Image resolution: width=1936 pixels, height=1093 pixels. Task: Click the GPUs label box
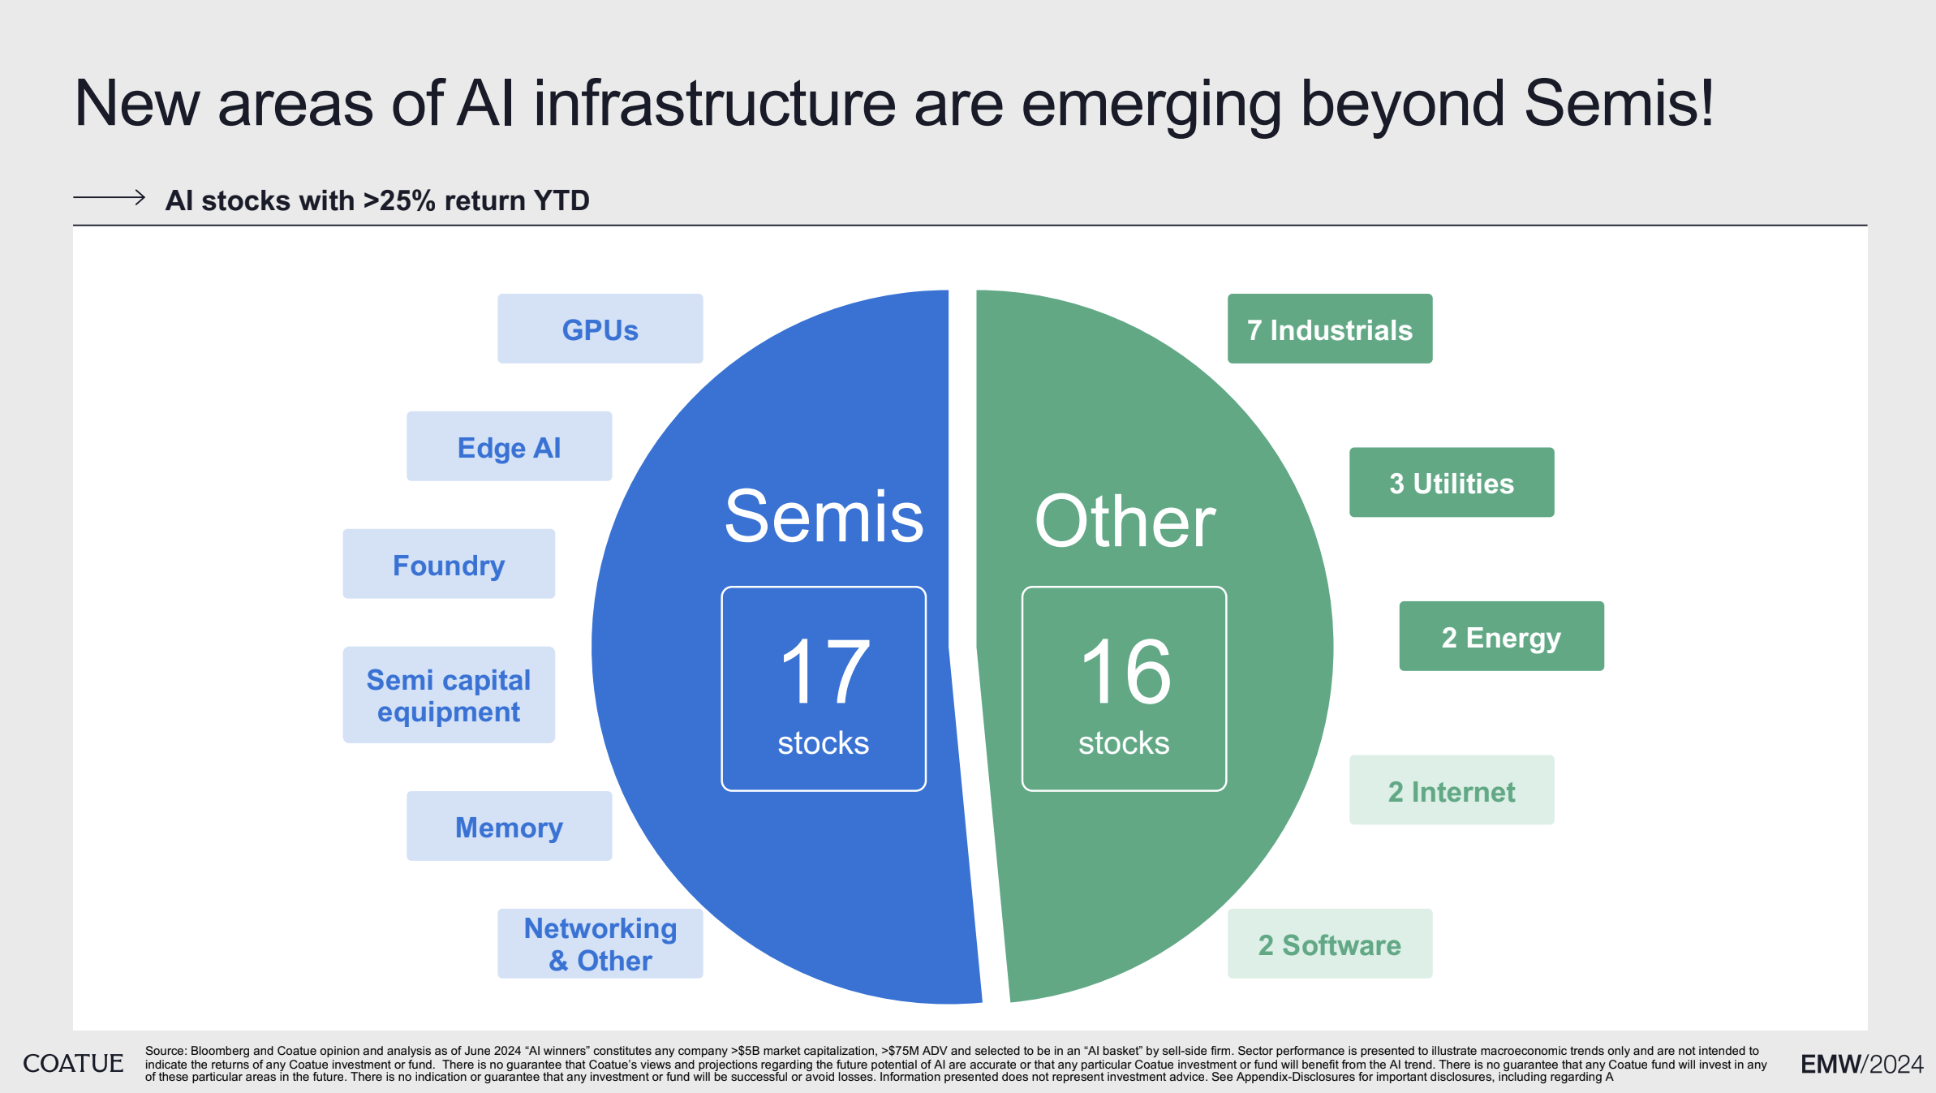pos(600,329)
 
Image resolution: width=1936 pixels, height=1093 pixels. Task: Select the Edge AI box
pos(509,446)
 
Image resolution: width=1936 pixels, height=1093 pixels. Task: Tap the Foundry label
pos(449,564)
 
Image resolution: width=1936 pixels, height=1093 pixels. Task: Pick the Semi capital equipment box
pos(449,695)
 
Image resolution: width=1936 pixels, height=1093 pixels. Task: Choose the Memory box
pos(509,826)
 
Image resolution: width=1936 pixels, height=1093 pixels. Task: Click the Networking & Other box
pos(600,944)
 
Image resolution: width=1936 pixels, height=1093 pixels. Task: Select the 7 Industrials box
pos(1329,329)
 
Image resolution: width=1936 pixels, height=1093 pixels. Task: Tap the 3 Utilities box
pos(1451,483)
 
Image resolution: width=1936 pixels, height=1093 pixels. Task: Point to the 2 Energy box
pos(1501,636)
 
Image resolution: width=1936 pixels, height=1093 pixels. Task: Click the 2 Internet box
pos(1451,790)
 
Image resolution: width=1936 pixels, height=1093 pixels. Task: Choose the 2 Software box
pos(1329,944)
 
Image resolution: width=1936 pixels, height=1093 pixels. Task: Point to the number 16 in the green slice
pos(1125,672)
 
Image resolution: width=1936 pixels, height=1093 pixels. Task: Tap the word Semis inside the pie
pos(824,517)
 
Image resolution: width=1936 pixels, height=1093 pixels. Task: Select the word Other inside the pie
pos(1125,522)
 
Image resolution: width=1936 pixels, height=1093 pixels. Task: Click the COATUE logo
pos(73,1063)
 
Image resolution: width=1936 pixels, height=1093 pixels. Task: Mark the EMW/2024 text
pos(1861,1064)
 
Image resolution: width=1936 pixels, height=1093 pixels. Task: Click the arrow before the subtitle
pos(109,197)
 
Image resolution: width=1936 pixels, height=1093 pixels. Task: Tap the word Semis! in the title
pos(1619,104)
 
